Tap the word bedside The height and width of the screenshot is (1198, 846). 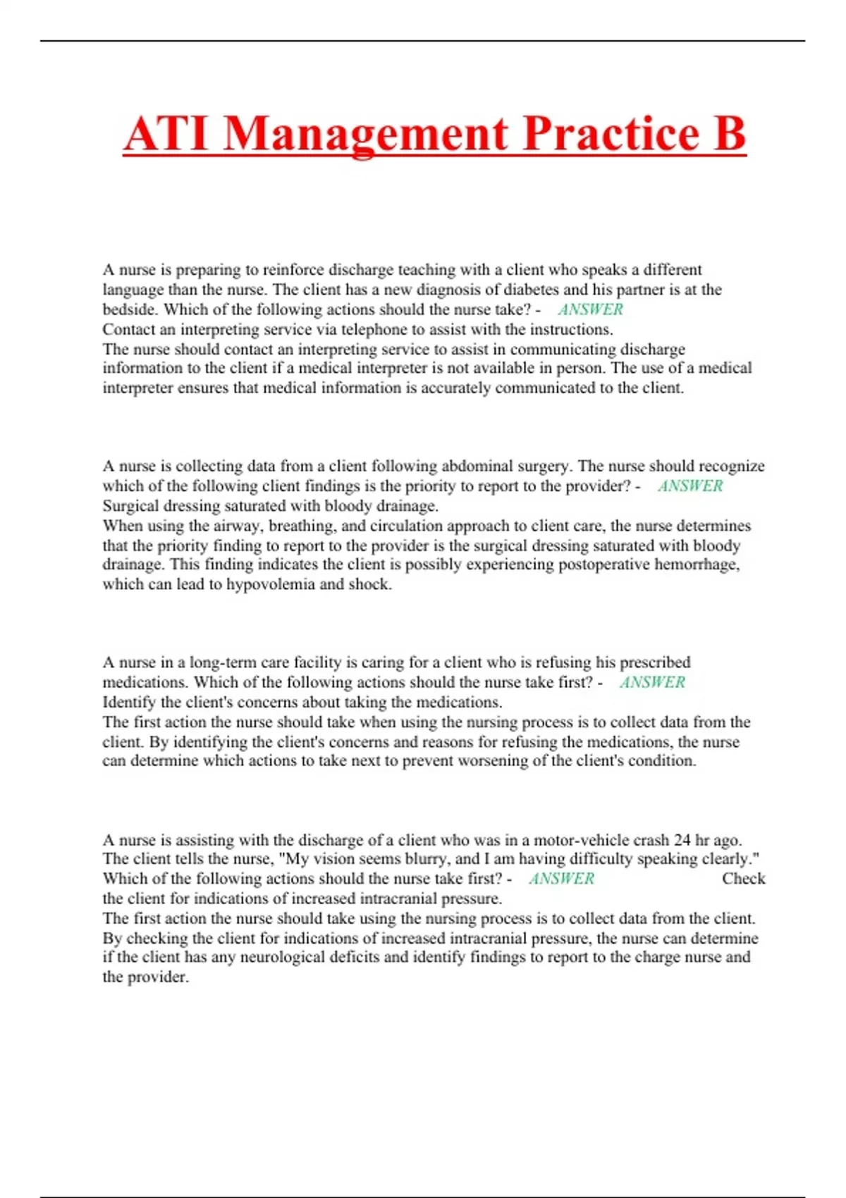coord(131,310)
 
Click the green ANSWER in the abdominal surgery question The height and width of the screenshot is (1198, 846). coord(690,486)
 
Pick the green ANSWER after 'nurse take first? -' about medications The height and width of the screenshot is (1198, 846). coord(652,682)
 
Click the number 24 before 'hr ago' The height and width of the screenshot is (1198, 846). coord(682,840)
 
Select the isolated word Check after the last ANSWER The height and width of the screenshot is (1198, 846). coord(743,879)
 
